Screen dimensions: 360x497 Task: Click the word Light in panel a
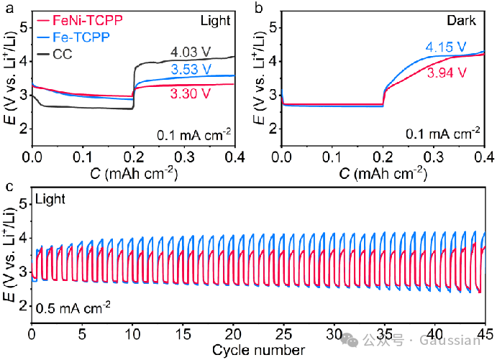[218, 22]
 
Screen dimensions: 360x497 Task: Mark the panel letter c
[8, 188]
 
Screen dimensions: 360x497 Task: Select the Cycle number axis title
[259, 350]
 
